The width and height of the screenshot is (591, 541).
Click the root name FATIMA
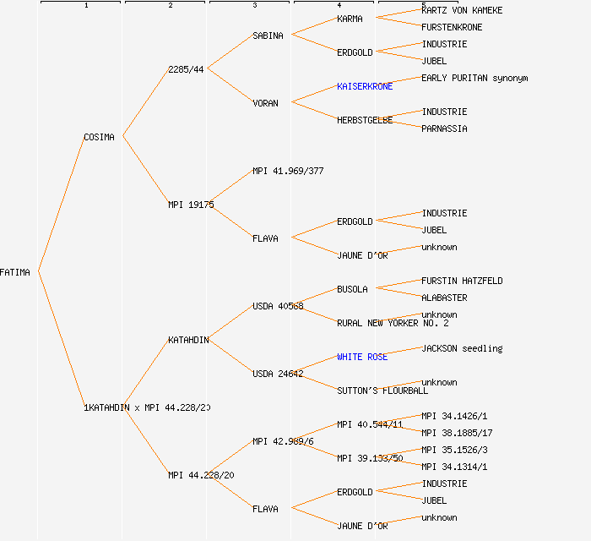15,272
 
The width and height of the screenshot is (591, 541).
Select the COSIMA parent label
99,137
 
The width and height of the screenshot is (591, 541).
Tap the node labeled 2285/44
186,69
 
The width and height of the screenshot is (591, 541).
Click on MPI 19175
191,205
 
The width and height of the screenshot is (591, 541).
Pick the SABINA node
268,36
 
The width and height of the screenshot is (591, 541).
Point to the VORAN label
265,103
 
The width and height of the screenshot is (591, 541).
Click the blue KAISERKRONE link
365,86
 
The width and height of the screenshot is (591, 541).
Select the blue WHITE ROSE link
362,357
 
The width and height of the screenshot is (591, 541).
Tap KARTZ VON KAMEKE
462,10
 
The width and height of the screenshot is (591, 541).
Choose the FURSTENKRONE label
452,27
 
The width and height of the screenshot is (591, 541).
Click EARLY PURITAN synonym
474,78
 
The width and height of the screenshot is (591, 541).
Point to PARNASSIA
444,128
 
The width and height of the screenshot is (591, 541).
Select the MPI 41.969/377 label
288,171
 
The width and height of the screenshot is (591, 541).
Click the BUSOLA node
352,289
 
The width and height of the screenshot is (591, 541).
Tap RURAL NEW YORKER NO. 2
393,323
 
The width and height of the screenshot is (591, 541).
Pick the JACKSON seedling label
462,348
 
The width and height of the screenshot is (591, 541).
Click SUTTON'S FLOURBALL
382,391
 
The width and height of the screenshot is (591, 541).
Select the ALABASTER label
444,298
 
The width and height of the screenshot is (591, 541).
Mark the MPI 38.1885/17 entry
457,433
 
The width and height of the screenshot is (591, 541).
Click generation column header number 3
255,6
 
